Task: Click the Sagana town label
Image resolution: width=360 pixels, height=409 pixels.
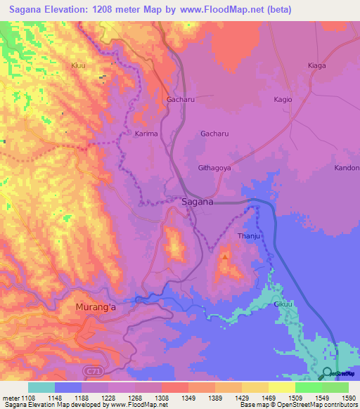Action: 197,202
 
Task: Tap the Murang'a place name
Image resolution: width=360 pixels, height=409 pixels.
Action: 100,307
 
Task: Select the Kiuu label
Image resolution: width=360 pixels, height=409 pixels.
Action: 78,65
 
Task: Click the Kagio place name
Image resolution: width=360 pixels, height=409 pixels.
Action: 283,100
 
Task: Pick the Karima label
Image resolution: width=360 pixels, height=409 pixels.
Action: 146,133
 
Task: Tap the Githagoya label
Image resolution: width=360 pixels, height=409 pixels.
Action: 214,168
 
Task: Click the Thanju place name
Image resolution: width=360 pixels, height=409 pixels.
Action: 249,235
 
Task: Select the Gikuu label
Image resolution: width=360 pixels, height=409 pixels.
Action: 283,304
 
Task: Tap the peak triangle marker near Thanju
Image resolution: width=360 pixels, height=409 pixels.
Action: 224,257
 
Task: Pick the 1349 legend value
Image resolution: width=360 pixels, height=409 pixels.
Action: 188,397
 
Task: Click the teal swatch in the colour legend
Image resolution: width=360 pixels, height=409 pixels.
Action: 41,387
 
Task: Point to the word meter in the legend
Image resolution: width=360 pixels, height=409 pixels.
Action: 11,397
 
